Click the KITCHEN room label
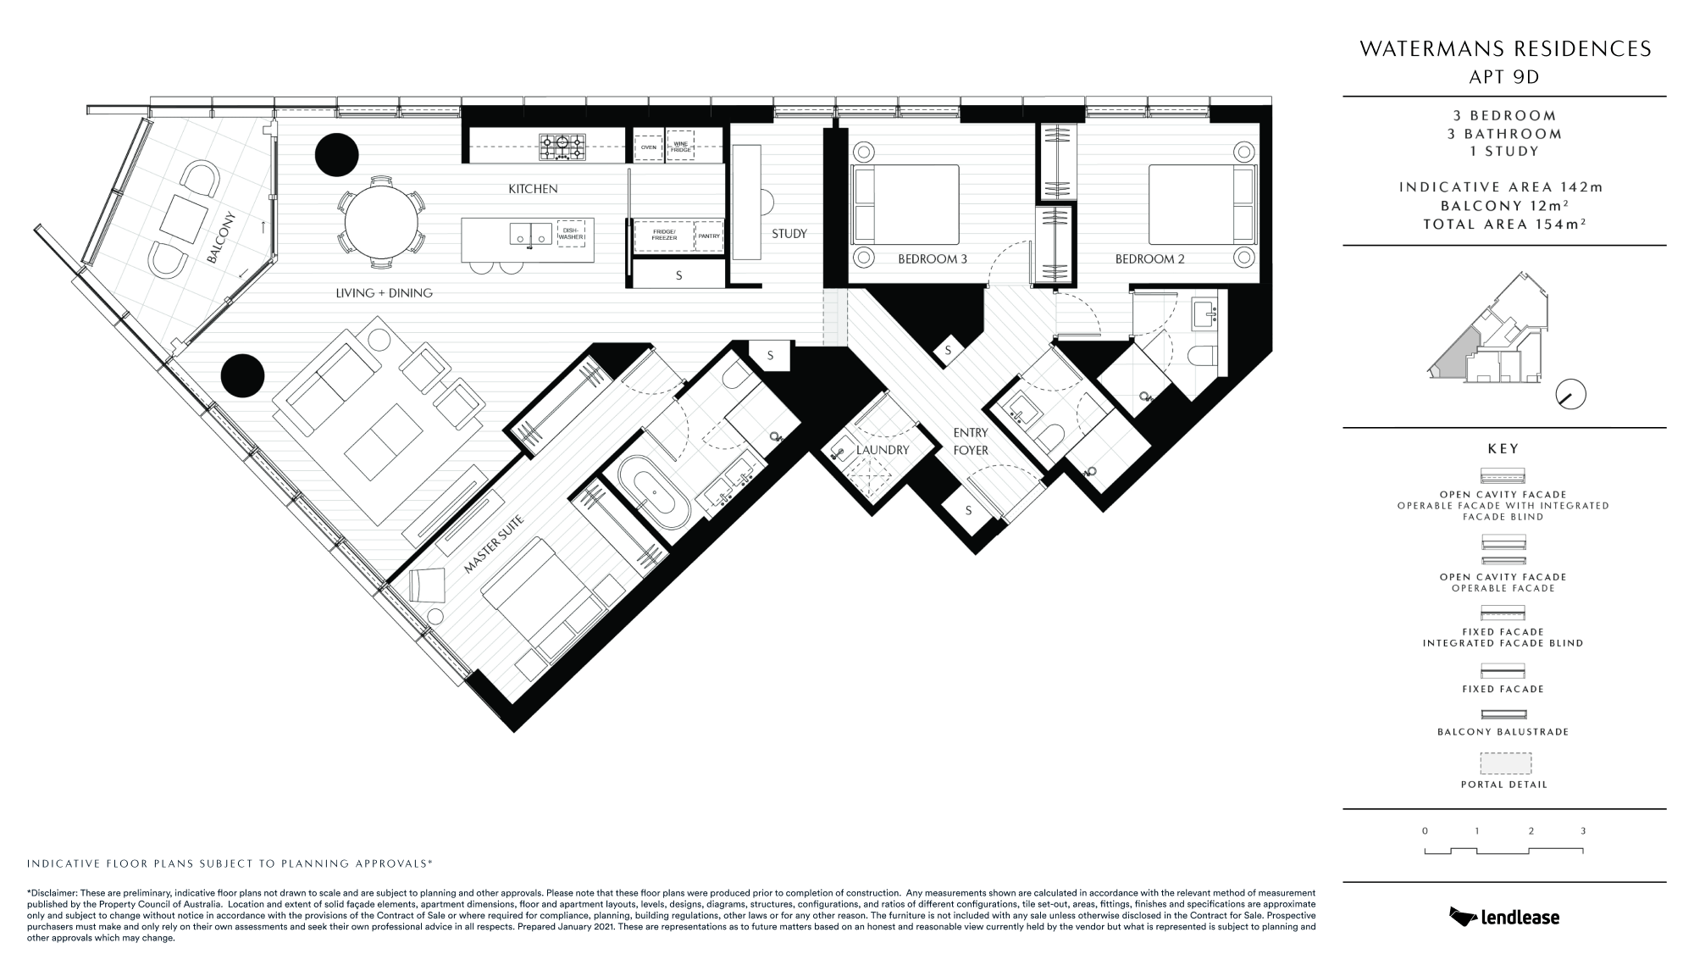[x=533, y=189]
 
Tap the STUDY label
[x=789, y=234]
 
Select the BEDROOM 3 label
[x=933, y=259]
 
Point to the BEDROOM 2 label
[x=1149, y=259]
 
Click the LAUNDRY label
[x=883, y=450]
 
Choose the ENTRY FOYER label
[x=971, y=441]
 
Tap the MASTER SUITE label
[x=495, y=545]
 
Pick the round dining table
[x=382, y=226]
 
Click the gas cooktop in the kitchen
[x=562, y=147]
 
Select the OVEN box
[x=649, y=147]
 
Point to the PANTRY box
[x=709, y=236]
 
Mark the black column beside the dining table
[x=337, y=155]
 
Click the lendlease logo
[x=1504, y=916]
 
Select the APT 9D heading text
[x=1505, y=77]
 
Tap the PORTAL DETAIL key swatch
[x=1505, y=763]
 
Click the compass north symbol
[x=1571, y=395]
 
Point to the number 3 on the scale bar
[x=1582, y=831]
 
